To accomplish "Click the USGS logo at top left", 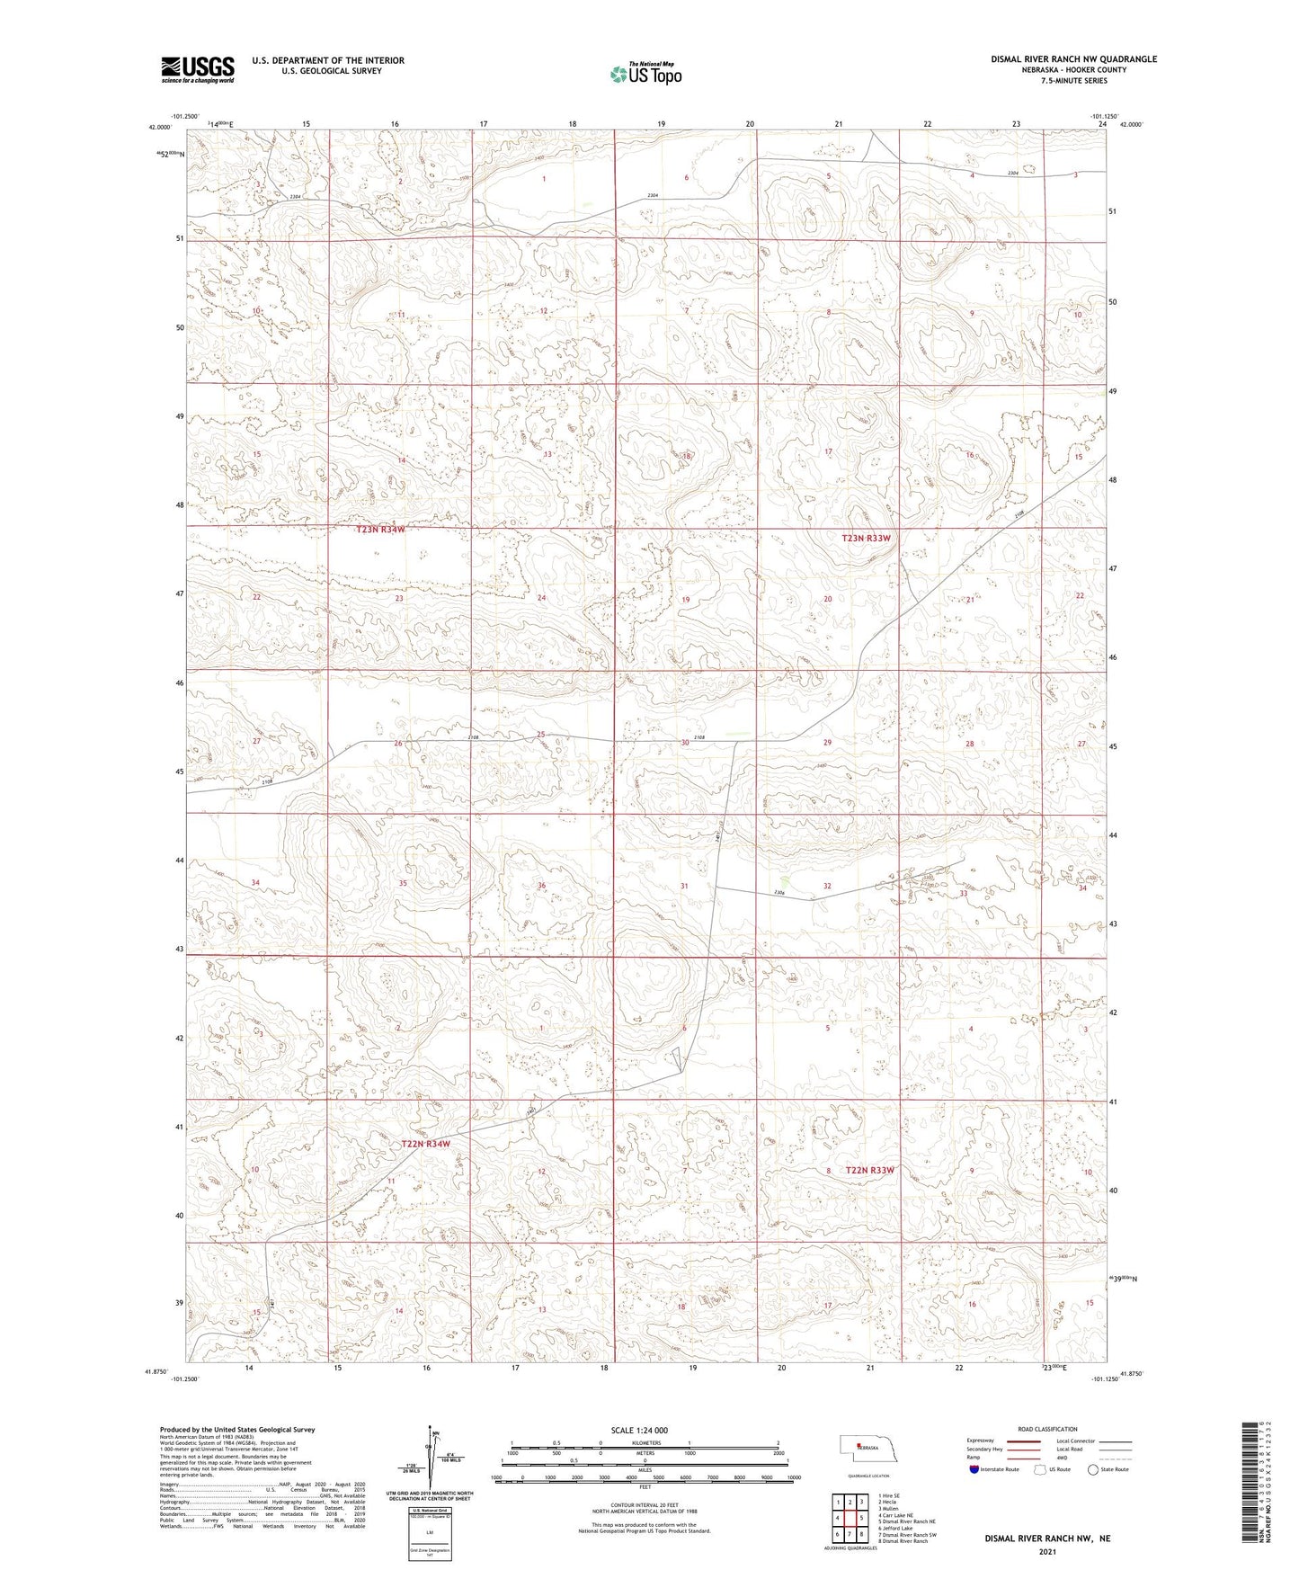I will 197,69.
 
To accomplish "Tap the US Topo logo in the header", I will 645,75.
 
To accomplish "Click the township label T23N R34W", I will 380,530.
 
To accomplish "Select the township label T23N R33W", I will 867,538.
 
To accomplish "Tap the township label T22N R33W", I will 869,1170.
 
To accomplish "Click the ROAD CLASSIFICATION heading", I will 1047,1429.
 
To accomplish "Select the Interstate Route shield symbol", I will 974,1469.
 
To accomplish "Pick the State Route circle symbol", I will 1093,1469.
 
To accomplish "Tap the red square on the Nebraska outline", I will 859,1446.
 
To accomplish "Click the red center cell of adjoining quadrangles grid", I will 850,1519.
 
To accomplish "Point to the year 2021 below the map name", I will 1047,1552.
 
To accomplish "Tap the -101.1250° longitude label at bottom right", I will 1106,1378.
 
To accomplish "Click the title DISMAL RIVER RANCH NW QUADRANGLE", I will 1073,59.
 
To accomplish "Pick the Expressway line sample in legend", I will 1023,1441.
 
